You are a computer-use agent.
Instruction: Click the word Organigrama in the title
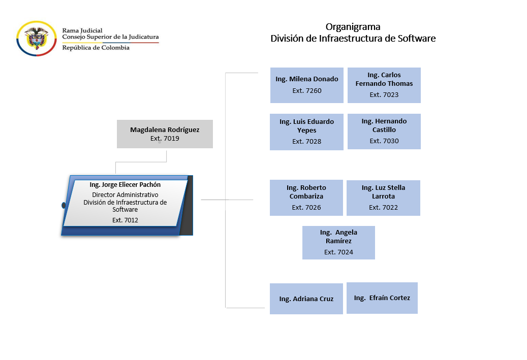(x=353, y=27)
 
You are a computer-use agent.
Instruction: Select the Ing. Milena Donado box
(x=306, y=85)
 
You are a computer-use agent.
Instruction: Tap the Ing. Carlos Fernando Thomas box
(x=384, y=85)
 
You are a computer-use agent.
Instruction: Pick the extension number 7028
(x=306, y=142)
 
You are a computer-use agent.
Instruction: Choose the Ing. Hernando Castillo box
(x=384, y=131)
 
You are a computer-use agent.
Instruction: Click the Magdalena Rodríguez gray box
(x=165, y=134)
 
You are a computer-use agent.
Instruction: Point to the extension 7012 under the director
(x=125, y=220)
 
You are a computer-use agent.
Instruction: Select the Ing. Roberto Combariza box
(x=306, y=198)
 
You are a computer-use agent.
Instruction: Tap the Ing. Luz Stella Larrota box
(x=383, y=198)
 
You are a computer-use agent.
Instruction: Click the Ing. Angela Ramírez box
(x=338, y=242)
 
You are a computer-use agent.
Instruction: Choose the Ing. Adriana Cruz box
(x=306, y=299)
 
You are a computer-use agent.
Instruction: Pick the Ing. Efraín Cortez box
(x=382, y=298)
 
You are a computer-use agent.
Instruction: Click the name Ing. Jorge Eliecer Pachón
(x=125, y=185)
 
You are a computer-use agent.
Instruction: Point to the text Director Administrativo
(x=125, y=195)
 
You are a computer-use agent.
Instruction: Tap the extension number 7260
(x=306, y=91)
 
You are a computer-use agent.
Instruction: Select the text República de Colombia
(x=96, y=48)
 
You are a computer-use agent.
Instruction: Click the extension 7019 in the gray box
(x=165, y=138)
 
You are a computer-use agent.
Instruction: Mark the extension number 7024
(x=338, y=252)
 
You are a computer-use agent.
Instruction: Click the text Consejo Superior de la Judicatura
(x=110, y=37)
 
